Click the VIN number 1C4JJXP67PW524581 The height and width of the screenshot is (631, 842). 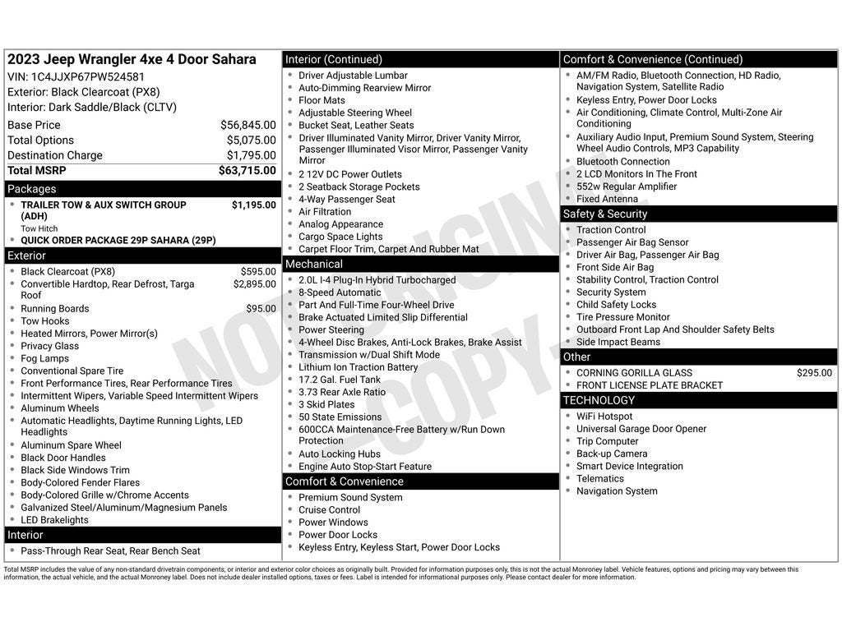click(88, 76)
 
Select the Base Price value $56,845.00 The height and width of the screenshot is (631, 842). click(248, 125)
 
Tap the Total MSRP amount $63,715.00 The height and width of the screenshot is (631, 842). click(247, 171)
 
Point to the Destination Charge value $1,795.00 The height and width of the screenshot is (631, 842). click(251, 155)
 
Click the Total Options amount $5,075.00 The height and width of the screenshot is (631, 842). click(251, 140)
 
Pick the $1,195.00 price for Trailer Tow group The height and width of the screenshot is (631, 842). click(253, 205)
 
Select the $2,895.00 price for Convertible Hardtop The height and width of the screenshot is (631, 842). click(254, 284)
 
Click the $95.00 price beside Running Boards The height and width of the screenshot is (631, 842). click(261, 309)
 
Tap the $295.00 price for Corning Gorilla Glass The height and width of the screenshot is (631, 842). click(813, 373)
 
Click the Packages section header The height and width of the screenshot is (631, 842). click(32, 189)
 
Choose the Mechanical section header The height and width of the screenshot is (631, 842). click(313, 264)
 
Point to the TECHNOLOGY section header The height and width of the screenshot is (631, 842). click(599, 400)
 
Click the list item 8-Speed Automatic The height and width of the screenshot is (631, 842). click(340, 292)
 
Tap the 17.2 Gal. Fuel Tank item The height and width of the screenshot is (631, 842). click(339, 380)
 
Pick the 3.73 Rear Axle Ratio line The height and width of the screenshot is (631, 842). click(341, 392)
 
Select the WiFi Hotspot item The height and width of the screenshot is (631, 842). click(604, 417)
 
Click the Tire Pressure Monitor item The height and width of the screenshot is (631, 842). click(622, 317)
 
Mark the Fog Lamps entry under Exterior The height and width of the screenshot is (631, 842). click(45, 358)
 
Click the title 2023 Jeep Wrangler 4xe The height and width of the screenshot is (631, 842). click(132, 59)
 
